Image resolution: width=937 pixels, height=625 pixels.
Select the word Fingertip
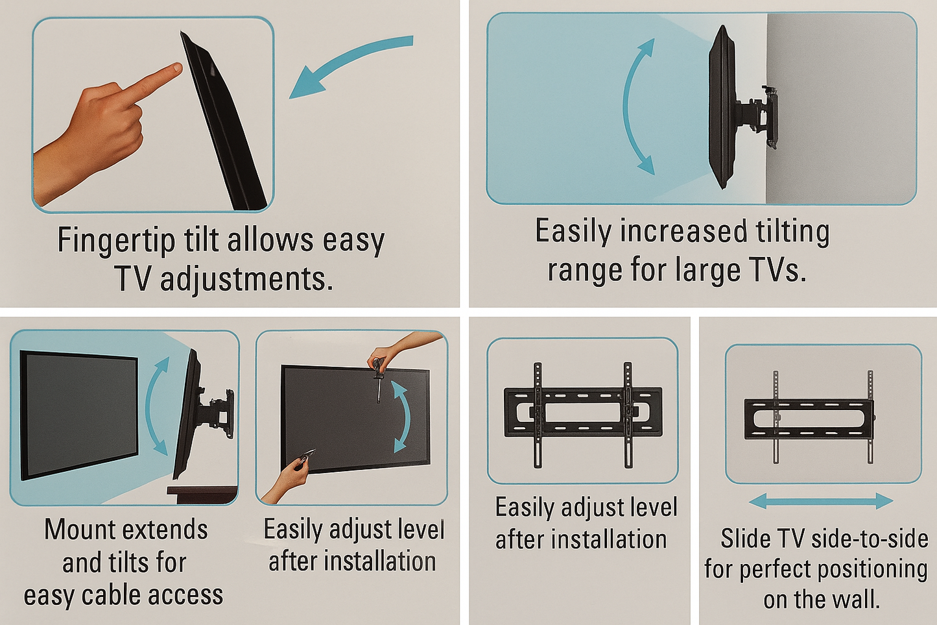116,240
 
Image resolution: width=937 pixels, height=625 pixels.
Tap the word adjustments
246,279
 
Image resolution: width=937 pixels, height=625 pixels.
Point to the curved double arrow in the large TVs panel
637,107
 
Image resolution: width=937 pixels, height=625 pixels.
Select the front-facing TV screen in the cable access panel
79,413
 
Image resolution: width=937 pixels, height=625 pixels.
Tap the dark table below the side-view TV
203,493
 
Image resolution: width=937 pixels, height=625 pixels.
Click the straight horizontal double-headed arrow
821,500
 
